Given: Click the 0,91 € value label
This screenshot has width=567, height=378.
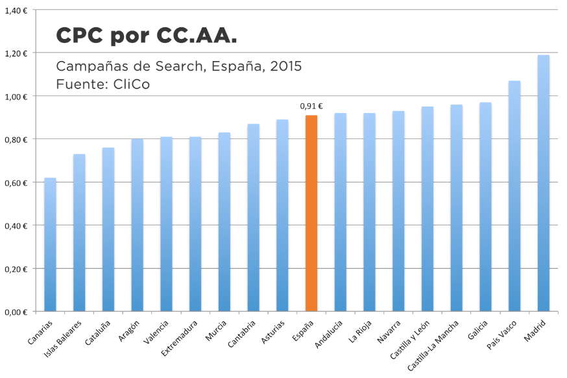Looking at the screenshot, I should (311, 107).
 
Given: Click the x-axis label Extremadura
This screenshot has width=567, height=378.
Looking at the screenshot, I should (182, 338).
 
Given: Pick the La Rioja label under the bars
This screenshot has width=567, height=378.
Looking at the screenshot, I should (360, 331).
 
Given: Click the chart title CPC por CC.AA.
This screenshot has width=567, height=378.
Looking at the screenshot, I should (147, 36).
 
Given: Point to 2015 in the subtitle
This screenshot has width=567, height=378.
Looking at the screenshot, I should (285, 67).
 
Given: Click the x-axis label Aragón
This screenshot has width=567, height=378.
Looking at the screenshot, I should (130, 330).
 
